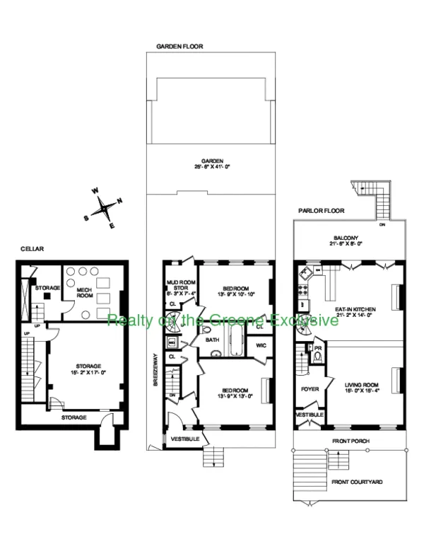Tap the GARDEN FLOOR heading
pos(179,47)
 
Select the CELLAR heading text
pos(33,249)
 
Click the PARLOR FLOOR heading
pos(322,210)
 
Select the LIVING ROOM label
pos(359,387)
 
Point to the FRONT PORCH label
pos(351,441)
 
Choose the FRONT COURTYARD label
pos(357,482)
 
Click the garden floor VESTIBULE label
pos(185,439)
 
